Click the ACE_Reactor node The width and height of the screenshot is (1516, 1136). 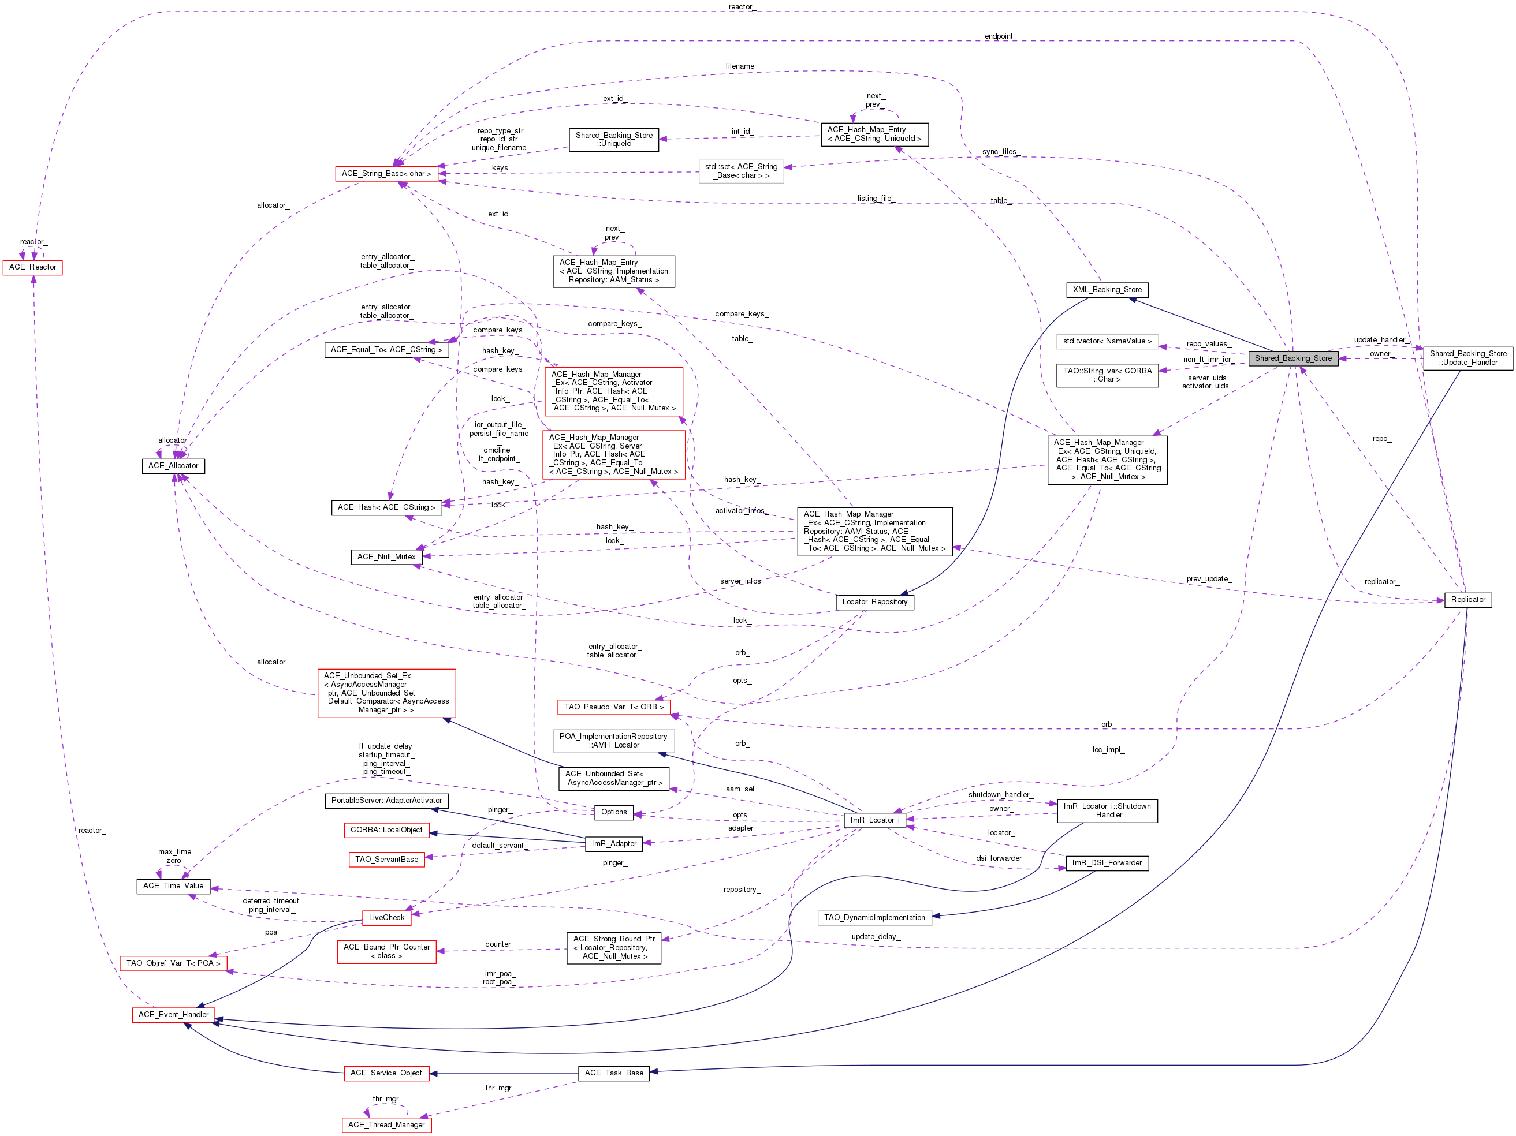click(33, 267)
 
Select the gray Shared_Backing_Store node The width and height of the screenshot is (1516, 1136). click(1293, 358)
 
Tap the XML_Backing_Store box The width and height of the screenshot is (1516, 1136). click(1107, 290)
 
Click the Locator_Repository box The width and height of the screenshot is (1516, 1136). click(874, 602)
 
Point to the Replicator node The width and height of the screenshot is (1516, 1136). click(1468, 600)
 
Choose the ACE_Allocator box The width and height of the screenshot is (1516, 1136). click(173, 466)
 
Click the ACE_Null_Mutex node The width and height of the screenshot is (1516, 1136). click(386, 557)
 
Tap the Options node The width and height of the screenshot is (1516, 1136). click(613, 812)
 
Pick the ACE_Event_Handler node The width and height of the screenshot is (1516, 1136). click(173, 1015)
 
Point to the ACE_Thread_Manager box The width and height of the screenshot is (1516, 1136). click(386, 1125)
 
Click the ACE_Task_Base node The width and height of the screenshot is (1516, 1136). click(614, 1073)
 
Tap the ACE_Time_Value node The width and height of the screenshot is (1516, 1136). click(173, 886)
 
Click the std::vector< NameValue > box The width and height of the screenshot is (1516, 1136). click(1108, 341)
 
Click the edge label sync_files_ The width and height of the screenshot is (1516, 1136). click(1000, 152)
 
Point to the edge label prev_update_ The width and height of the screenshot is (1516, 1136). click(1209, 579)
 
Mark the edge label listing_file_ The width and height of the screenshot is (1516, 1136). click(875, 199)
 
